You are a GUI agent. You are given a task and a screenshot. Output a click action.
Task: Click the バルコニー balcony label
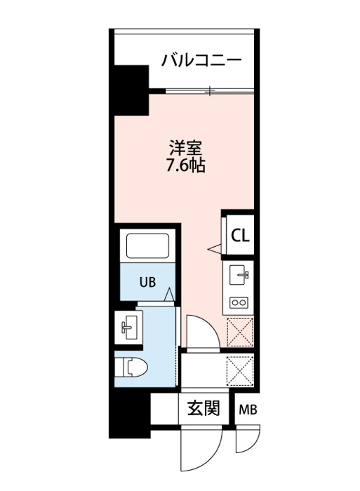pos(201,60)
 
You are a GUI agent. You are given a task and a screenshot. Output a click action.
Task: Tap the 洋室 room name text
pos(185,148)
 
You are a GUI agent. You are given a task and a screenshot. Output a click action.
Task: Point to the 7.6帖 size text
pos(185,166)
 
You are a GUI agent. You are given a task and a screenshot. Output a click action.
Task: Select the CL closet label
pos(240,236)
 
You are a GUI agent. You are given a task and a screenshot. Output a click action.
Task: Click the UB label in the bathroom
pos(147,283)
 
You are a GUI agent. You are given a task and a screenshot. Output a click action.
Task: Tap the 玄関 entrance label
pos(204,408)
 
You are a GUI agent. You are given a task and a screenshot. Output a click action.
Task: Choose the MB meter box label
pos(248,410)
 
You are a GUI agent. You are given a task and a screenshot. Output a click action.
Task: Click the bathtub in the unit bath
pos(147,245)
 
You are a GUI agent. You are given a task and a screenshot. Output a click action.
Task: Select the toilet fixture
pos(131,367)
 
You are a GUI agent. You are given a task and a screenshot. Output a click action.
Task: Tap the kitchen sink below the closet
pos(239,275)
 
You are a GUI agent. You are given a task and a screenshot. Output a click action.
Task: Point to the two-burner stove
pos(239,302)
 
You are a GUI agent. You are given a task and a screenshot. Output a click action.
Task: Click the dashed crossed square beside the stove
pos(240,332)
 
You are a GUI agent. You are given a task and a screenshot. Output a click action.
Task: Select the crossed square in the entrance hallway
pos(240,370)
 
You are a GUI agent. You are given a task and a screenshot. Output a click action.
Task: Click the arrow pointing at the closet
pos(215,249)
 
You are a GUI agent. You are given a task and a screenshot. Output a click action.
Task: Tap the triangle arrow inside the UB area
pos(169,295)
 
